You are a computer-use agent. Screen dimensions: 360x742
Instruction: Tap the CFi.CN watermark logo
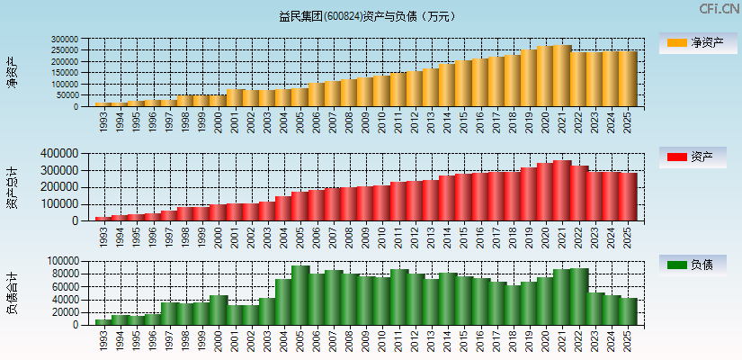pyautogui.click(x=720, y=9)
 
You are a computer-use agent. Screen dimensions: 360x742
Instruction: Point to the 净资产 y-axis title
pyautogui.click(x=13, y=72)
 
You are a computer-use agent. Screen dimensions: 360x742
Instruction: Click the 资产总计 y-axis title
pyautogui.click(x=13, y=186)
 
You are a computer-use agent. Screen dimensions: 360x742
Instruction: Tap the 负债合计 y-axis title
pyautogui.click(x=13, y=292)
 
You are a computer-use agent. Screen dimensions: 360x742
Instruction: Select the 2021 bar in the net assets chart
pyautogui.click(x=562, y=76)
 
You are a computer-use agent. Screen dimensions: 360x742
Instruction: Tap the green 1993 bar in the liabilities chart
pyautogui.click(x=103, y=321)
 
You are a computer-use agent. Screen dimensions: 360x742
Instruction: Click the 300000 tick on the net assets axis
pyautogui.click(x=65, y=40)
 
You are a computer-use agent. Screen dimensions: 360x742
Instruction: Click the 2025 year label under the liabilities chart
pyautogui.click(x=628, y=338)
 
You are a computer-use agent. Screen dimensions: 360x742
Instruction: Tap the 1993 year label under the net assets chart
pyautogui.click(x=103, y=121)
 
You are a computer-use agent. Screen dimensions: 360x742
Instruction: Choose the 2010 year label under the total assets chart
pyautogui.click(x=382, y=235)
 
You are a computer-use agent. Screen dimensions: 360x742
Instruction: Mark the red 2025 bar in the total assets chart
pyautogui.click(x=628, y=196)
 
